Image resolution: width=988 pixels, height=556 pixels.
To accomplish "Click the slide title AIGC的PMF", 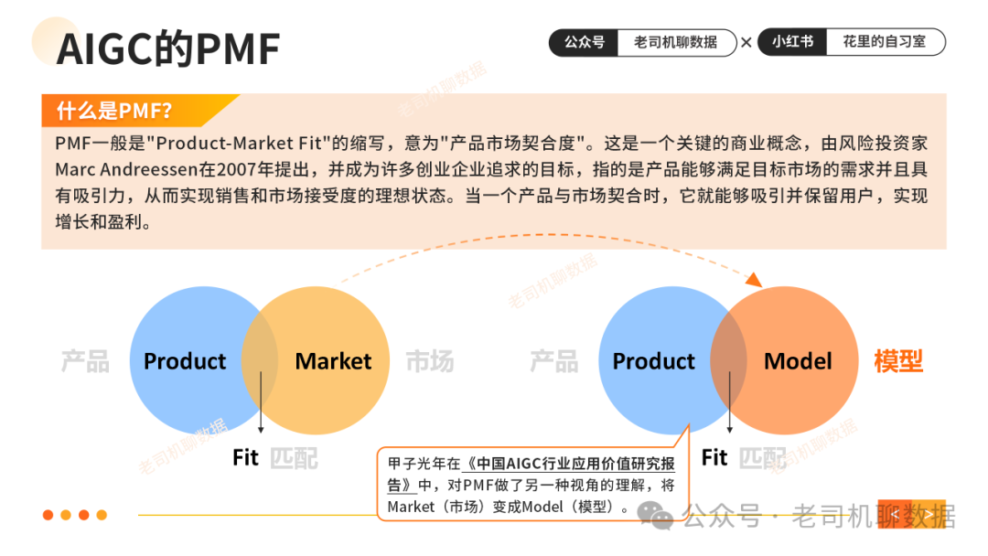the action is coord(168,48).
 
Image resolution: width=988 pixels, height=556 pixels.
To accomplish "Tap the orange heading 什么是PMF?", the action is coord(114,112).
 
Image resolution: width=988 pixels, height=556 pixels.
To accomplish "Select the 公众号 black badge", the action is coord(585,42).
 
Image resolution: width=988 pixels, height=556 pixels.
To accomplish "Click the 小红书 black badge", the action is coord(792,42).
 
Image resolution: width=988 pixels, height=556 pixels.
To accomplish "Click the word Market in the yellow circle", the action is coord(333,361).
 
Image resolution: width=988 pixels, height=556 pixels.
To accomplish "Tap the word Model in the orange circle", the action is coord(798,361).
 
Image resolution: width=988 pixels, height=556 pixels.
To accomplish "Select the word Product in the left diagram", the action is coord(185,361).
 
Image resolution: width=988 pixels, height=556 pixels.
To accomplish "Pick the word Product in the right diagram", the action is coord(653,361).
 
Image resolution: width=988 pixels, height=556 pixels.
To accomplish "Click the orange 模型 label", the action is coord(898,361).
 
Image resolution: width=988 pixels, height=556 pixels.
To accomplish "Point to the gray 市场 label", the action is coord(429,361).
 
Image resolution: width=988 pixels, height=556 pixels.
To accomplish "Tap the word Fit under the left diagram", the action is coord(245,457).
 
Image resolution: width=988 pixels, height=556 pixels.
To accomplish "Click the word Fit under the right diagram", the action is coord(714,457).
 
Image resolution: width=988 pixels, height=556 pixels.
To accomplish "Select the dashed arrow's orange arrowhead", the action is coord(754,279).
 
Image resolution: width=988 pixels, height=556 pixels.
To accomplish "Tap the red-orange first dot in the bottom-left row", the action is coord(48,515).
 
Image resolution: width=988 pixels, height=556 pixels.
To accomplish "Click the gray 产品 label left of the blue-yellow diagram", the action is coord(85,361).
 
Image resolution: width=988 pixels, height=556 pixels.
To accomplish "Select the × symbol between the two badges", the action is coord(746,42).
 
